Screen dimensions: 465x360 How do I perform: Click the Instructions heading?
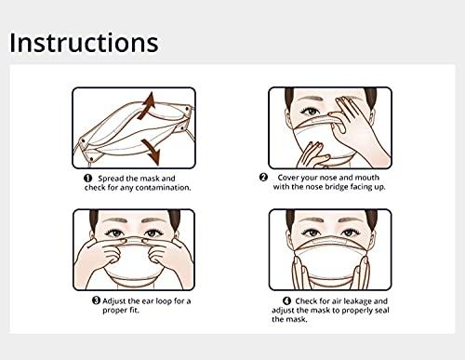coord(84,43)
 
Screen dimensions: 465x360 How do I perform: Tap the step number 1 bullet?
coord(88,178)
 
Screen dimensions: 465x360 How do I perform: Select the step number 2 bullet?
coord(263,177)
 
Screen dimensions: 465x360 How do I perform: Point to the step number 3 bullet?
coord(97,300)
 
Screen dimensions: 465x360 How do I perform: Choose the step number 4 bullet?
coord(287,300)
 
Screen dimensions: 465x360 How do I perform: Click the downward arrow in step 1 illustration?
coord(151,152)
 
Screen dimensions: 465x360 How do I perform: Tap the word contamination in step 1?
coord(163,188)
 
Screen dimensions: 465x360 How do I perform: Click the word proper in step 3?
coord(113,311)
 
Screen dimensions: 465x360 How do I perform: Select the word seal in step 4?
coord(382,310)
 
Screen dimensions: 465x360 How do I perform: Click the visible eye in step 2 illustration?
coord(310,111)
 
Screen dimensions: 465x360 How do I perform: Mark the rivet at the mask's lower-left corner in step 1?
coord(91,159)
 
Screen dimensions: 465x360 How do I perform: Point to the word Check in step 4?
coord(306,300)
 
